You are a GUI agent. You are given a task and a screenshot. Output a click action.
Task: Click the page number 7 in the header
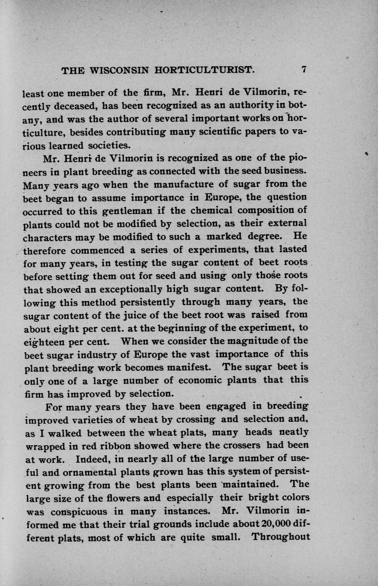click(304, 70)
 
